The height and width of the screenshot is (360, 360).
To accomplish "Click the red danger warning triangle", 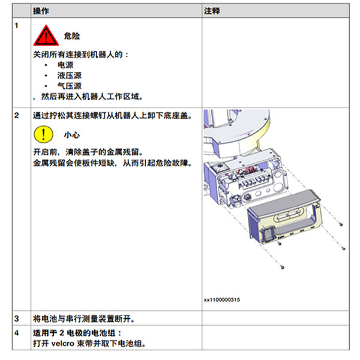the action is click(46, 36).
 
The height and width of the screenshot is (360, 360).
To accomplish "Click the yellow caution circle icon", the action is click(43, 134).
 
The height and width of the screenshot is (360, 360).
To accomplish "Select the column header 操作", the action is click(41, 11).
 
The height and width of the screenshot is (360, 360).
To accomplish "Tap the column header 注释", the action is click(212, 11).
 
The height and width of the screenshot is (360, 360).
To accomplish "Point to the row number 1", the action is click(16, 25).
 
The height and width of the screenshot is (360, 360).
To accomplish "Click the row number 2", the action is click(17, 115).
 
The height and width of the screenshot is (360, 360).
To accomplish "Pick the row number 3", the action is click(17, 319).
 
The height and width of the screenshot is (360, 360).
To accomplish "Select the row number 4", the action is click(17, 332).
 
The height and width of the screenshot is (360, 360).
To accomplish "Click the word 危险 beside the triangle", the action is click(72, 36).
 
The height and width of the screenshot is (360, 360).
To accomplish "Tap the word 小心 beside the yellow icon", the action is click(72, 135).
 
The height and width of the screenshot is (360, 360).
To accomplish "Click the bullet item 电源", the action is click(65, 65).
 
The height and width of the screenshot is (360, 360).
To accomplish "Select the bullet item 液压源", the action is click(70, 76).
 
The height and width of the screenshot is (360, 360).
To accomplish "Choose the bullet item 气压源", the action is click(70, 86).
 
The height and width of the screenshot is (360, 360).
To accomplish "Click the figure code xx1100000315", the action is click(222, 299).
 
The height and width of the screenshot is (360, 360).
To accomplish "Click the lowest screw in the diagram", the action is click(283, 267).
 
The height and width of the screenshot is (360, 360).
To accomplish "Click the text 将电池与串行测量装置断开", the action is click(84, 319).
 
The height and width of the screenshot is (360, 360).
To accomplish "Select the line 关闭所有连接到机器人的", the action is click(80, 55).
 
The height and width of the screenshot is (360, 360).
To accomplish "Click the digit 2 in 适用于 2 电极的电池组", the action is click(62, 333).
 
